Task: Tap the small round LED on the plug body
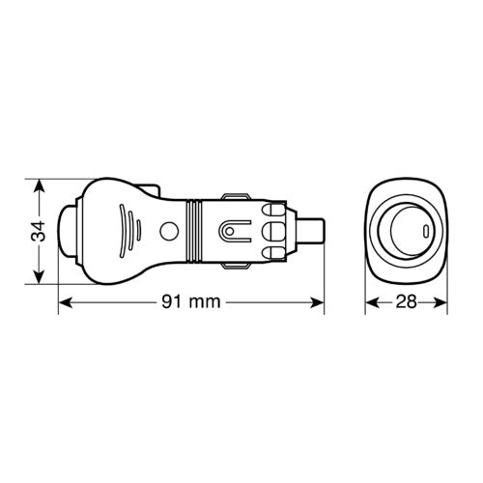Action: [170, 231]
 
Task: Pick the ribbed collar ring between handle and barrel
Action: [196, 231]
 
